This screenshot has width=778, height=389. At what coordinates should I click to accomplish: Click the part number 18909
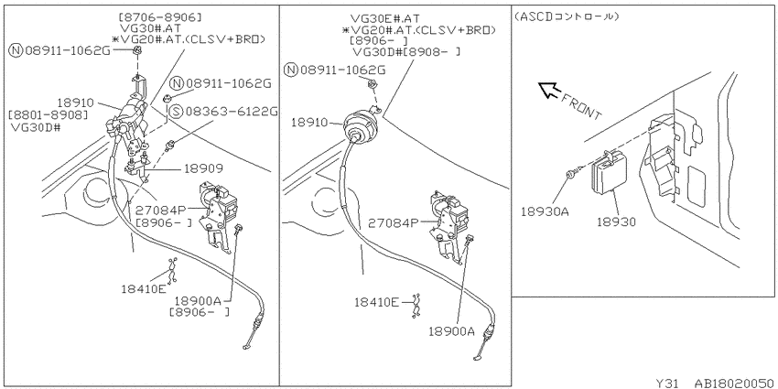point(203,168)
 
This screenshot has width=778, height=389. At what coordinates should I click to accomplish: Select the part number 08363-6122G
point(232,111)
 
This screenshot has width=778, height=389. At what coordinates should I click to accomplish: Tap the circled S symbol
point(175,111)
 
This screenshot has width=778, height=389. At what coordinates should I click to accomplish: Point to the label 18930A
point(545,212)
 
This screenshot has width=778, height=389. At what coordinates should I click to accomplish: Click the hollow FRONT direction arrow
point(549,90)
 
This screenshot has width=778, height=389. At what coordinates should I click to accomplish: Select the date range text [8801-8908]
point(49,114)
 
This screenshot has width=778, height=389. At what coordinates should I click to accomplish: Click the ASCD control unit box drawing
point(609,171)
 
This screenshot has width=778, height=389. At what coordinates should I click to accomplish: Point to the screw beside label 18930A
point(571,174)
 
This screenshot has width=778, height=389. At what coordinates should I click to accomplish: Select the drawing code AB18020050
point(734,383)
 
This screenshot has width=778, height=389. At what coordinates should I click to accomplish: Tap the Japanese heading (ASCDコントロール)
point(567,16)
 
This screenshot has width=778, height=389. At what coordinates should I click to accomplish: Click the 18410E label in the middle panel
point(376,301)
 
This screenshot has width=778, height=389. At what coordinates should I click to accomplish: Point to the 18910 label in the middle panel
point(310,122)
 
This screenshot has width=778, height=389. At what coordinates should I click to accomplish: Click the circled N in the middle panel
point(291,70)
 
